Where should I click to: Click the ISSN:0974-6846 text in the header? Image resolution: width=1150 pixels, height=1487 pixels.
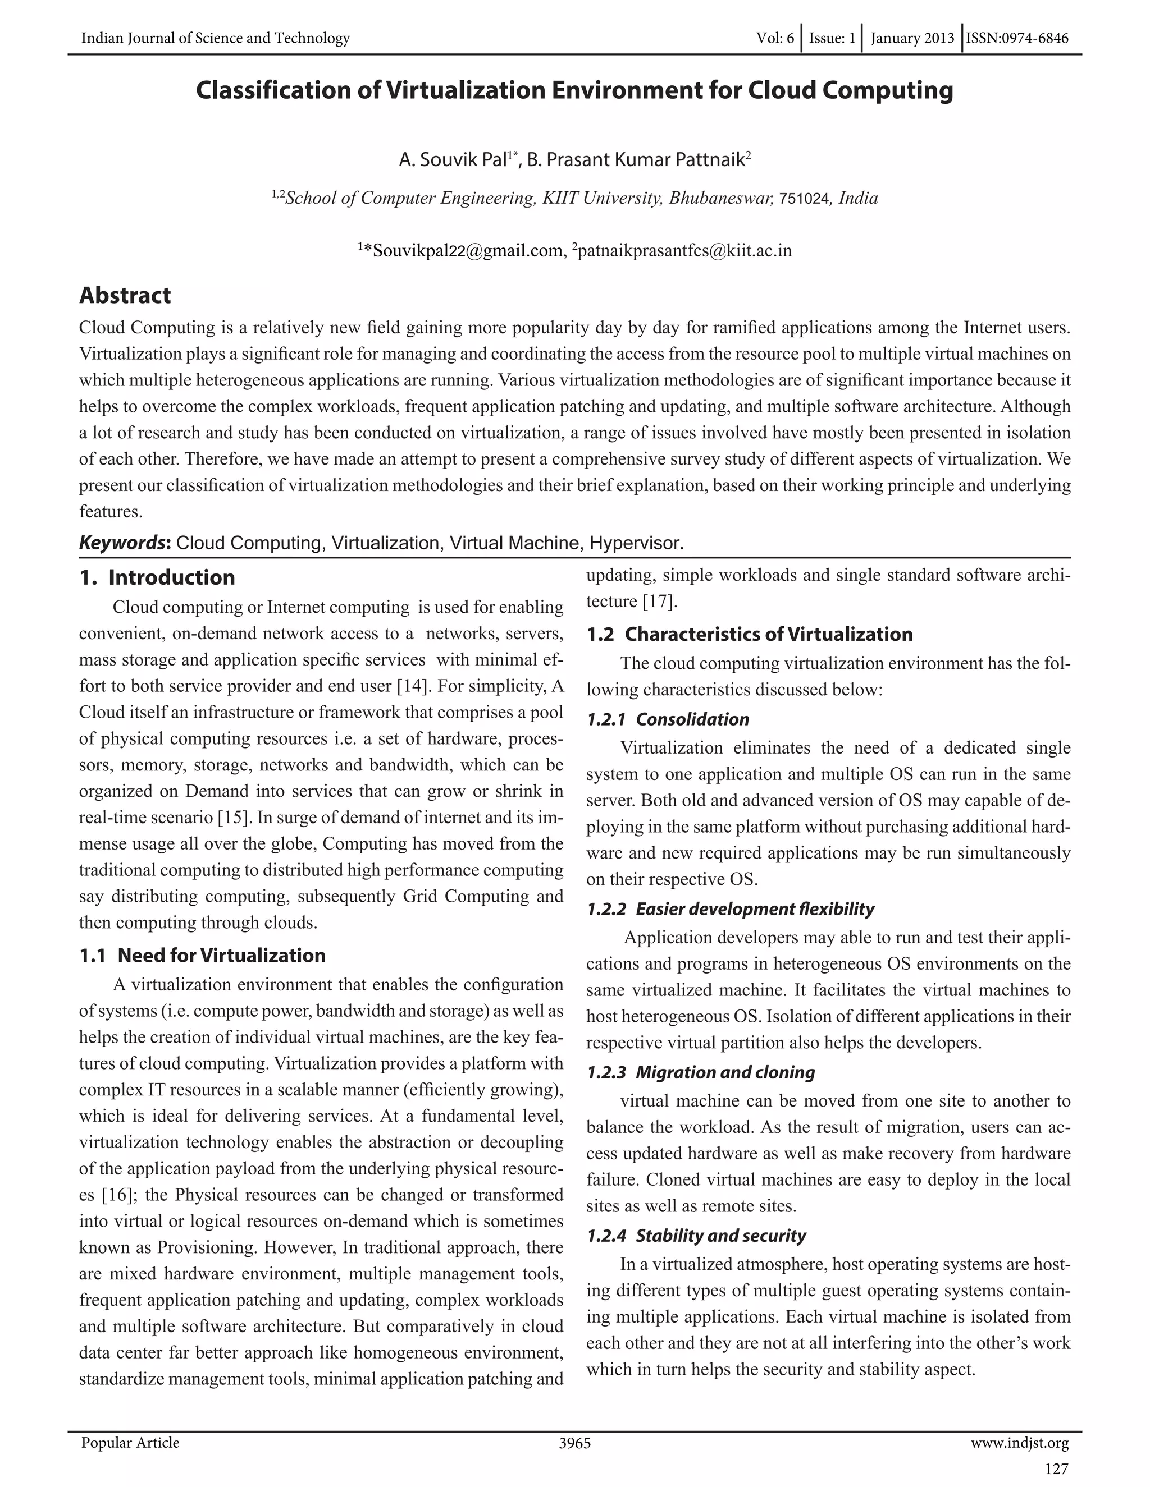(x=1017, y=38)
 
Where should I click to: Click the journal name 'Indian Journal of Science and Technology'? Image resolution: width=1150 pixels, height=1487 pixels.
(x=215, y=38)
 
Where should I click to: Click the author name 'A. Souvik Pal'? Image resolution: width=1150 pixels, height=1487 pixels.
(x=453, y=160)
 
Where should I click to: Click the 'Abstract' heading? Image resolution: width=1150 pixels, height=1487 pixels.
(x=125, y=296)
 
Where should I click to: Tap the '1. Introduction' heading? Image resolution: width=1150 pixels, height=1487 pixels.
(x=157, y=577)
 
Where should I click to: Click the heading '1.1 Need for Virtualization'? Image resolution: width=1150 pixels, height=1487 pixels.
(x=202, y=955)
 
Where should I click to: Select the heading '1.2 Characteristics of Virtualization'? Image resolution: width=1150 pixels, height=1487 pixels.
(x=750, y=634)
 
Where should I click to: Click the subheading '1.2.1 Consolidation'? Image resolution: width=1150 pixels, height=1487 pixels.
(x=668, y=720)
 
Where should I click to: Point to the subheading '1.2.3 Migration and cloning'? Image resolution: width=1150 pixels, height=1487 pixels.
(x=700, y=1072)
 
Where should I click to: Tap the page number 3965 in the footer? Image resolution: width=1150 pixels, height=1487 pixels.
(x=574, y=1443)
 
